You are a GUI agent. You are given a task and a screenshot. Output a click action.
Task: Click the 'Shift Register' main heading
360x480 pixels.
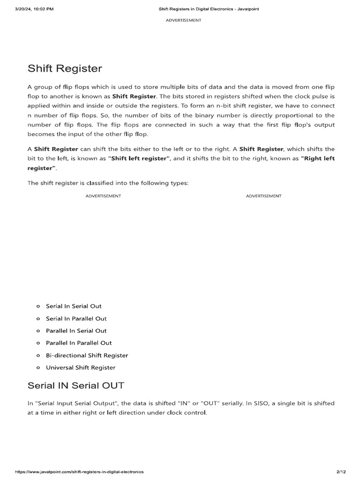point(65,68)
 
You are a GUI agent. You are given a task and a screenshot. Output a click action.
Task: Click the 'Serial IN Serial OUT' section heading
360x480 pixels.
point(76,386)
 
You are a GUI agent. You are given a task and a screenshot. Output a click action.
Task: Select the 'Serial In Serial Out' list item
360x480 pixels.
point(74,306)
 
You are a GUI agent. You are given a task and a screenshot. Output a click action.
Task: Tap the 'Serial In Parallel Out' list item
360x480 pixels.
point(76,318)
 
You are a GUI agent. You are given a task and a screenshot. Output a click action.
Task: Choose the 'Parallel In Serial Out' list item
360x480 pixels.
point(76,330)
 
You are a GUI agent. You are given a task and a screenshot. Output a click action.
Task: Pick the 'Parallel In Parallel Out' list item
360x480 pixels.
point(79,343)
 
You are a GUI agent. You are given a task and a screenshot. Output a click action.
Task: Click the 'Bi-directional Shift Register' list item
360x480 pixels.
point(87,355)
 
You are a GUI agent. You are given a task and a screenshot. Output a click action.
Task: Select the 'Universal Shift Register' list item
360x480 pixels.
point(81,367)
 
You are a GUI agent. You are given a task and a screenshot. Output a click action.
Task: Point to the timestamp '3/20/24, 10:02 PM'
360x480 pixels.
point(34,9)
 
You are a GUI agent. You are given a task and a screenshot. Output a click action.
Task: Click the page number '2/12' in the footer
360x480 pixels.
point(341,471)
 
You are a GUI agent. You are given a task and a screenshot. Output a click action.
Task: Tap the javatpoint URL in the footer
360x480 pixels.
point(79,471)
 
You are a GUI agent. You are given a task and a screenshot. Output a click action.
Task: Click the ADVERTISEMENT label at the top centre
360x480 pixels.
point(184,20)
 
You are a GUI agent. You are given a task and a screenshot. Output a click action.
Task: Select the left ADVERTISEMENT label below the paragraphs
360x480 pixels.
point(103,196)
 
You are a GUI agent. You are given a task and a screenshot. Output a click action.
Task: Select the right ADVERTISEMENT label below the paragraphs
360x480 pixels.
point(263,196)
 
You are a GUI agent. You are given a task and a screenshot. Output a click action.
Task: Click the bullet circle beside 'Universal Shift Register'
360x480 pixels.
point(38,368)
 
